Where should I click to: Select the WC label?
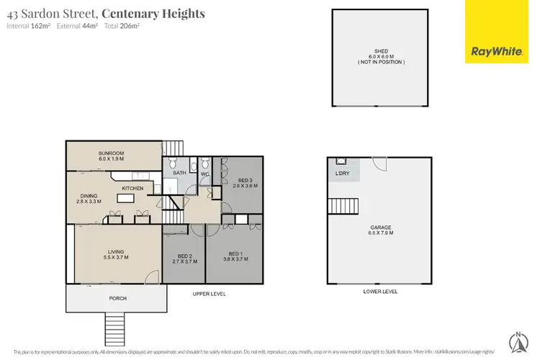click(204, 174)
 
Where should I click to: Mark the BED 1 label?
click(237, 256)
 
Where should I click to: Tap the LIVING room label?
click(116, 254)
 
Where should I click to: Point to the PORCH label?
click(118, 297)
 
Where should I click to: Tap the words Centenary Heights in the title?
click(153, 14)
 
